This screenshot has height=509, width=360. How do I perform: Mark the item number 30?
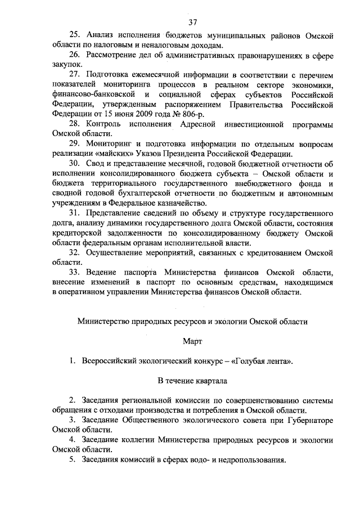75,164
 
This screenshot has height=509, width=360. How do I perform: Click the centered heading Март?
192,341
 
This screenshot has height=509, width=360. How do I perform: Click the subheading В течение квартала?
192,380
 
